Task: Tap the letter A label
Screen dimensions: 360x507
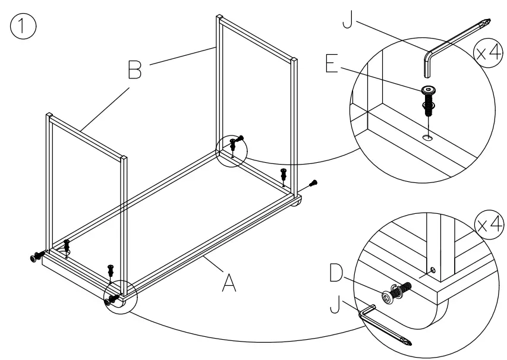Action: [228, 282]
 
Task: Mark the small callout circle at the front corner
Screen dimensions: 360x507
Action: [120, 296]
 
